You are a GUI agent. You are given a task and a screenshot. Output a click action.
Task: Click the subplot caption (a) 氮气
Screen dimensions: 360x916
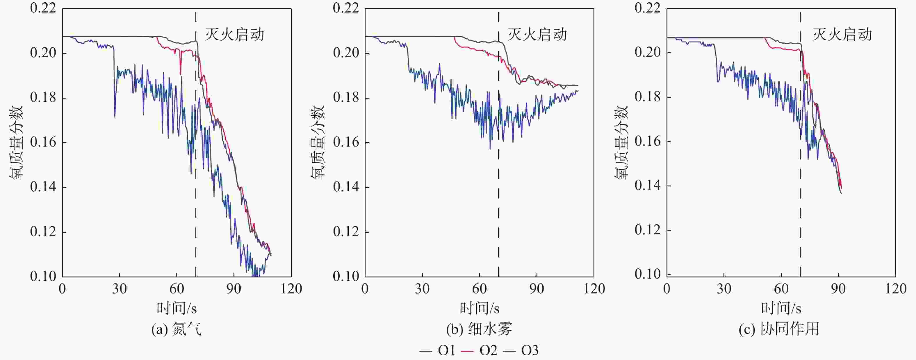point(177,329)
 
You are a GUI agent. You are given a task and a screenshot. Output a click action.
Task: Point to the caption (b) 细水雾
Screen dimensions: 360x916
point(479,329)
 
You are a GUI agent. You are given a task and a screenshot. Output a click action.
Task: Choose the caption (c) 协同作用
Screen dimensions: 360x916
point(779,329)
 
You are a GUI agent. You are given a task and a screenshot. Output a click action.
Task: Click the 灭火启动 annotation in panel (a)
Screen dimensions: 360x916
point(234,35)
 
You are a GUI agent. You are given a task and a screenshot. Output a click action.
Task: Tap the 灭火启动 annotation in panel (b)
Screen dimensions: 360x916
point(537,35)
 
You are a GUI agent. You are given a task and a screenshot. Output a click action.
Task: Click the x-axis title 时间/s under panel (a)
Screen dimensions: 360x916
point(177,308)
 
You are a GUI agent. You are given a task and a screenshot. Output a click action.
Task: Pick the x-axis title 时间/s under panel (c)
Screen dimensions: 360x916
point(781,308)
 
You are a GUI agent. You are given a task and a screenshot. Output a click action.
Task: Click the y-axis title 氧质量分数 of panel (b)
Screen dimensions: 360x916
point(318,142)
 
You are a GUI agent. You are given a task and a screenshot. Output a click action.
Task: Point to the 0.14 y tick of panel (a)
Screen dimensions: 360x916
point(43,187)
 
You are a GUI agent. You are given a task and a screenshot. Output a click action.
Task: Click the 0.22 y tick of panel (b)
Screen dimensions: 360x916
point(346,8)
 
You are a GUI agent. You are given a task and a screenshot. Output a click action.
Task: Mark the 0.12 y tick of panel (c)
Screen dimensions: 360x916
point(648,230)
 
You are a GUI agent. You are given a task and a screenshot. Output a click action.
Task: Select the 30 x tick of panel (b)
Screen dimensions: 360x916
point(422,288)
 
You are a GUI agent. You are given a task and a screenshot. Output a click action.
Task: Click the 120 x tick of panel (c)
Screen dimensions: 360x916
point(895,288)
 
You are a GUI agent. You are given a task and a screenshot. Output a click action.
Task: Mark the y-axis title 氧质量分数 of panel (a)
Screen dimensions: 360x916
point(16,142)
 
